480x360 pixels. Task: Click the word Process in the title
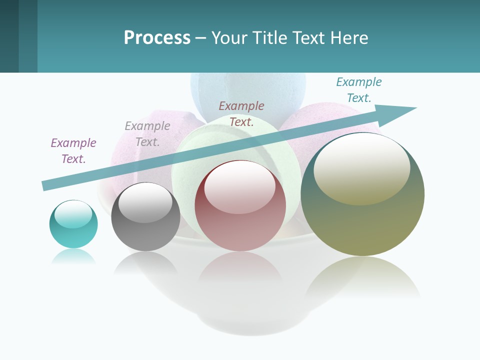coord(157,38)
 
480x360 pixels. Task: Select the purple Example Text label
coord(73,151)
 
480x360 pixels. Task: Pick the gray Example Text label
coord(147,134)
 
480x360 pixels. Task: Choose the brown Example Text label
coord(241,113)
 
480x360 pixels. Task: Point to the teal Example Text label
coord(359,90)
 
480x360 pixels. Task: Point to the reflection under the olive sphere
coord(362,277)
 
